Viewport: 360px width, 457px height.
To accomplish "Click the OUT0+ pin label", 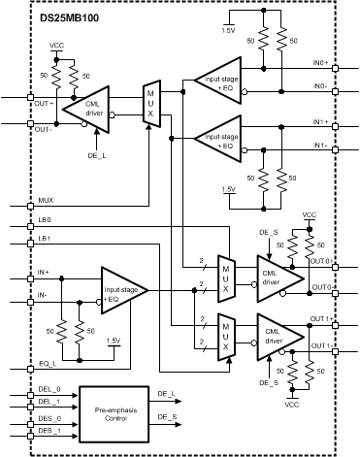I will pyautogui.click(x=321, y=259).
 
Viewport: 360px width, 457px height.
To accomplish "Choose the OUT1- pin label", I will pyautogui.click(x=321, y=346).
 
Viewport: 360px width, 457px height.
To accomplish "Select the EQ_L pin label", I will pyautogui.click(x=46, y=364).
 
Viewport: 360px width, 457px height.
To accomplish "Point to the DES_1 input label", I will pyautogui.click(x=49, y=430).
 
